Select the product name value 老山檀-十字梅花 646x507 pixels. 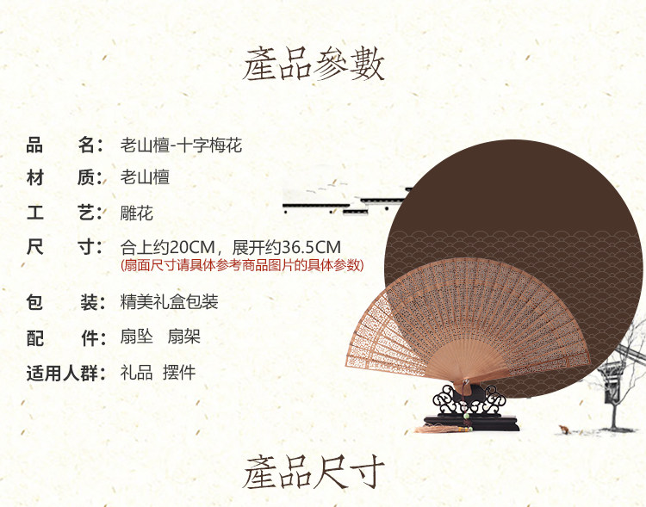(x=181, y=145)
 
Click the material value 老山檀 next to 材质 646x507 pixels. (x=145, y=178)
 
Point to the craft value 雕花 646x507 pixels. (x=137, y=213)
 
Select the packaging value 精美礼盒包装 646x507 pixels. (x=170, y=302)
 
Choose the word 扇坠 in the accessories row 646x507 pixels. (x=137, y=337)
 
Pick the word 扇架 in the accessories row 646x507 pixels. (x=183, y=337)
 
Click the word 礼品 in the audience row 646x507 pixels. (x=137, y=373)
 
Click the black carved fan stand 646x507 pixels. (x=469, y=409)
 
